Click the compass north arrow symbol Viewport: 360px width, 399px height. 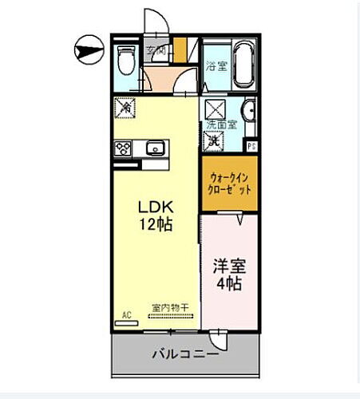[87, 49]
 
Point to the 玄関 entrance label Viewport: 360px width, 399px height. [156, 51]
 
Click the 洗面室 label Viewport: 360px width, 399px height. [221, 125]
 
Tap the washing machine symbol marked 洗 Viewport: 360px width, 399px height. [214, 140]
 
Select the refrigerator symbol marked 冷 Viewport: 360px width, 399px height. [123, 106]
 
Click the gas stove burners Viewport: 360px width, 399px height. [124, 148]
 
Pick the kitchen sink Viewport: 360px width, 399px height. [155, 148]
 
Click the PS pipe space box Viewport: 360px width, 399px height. [251, 146]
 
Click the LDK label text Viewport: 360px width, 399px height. [156, 206]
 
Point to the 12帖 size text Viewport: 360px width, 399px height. [156, 224]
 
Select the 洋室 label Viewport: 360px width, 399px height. [229, 266]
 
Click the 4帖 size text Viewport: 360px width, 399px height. [230, 284]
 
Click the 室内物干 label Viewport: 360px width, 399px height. [169, 307]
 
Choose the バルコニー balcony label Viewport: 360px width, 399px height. [184, 354]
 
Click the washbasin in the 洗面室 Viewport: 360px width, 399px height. [249, 111]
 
